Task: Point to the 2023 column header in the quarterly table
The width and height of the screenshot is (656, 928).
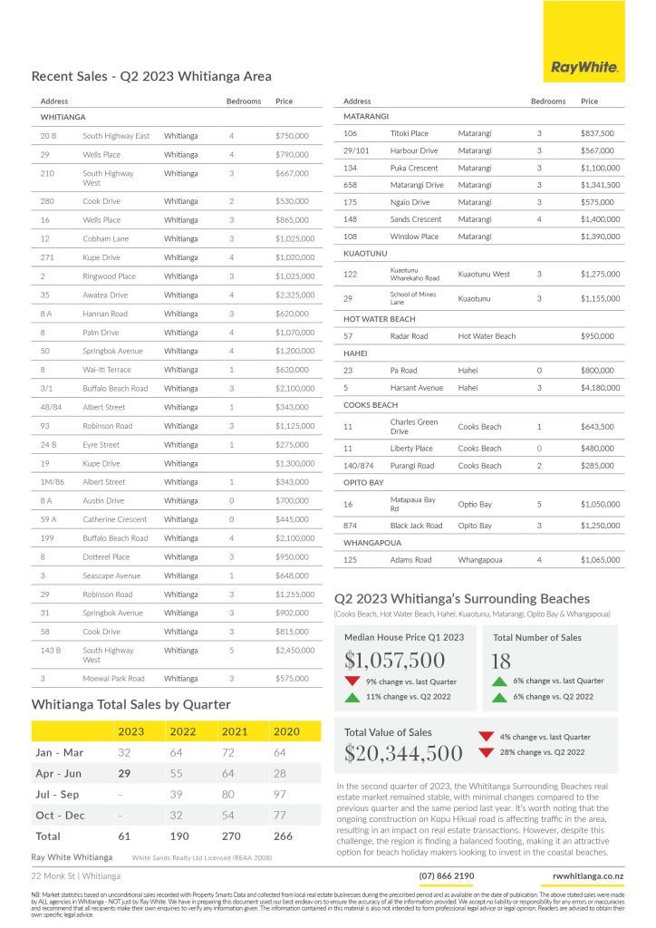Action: click(x=130, y=730)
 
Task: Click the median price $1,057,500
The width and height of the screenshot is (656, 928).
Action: click(x=395, y=661)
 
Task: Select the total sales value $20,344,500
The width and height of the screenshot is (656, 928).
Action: click(x=403, y=753)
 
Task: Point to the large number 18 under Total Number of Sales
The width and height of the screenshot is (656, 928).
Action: click(x=500, y=661)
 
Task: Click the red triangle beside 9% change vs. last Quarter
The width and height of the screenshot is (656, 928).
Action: click(x=352, y=681)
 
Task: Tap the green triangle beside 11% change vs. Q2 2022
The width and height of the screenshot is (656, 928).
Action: click(x=352, y=697)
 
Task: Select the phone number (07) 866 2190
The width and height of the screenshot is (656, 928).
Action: click(x=446, y=875)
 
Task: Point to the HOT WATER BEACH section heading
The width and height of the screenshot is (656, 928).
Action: click(x=380, y=319)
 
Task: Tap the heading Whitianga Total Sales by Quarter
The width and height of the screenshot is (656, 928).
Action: click(x=130, y=704)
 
